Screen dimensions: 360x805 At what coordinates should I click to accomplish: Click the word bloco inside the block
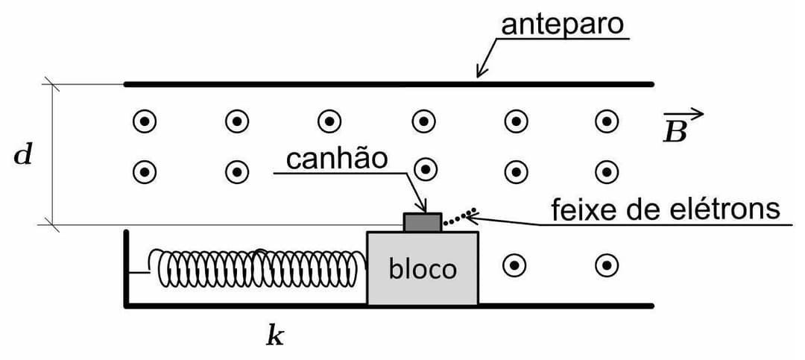pyautogui.click(x=422, y=268)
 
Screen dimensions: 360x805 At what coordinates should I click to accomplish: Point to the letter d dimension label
pyautogui.click(x=24, y=157)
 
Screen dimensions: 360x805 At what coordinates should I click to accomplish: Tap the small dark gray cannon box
pyautogui.click(x=422, y=222)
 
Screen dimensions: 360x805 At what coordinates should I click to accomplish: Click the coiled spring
pyautogui.click(x=261, y=268)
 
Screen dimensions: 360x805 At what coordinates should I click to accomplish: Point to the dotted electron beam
pyautogui.click(x=457, y=218)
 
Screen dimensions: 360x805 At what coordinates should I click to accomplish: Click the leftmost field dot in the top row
pyautogui.click(x=145, y=120)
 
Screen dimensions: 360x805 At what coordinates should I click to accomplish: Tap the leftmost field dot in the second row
pyautogui.click(x=145, y=172)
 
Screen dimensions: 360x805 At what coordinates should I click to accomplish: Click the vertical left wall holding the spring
pyautogui.click(x=127, y=268)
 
